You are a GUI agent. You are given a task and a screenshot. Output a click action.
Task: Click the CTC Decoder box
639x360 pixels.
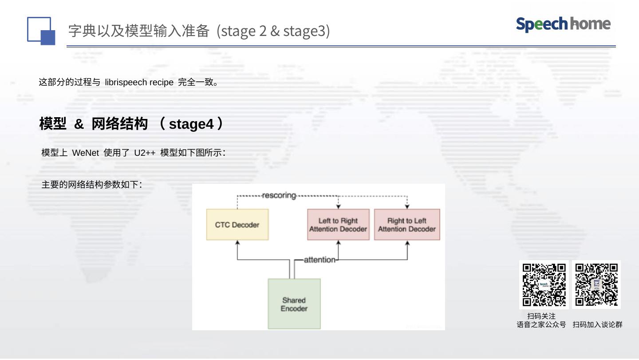point(237,225)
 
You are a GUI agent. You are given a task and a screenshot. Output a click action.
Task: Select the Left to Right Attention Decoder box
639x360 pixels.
point(338,225)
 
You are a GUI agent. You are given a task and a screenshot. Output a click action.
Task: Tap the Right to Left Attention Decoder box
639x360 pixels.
point(407,225)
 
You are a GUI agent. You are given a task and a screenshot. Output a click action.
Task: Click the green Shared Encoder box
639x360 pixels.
point(294,304)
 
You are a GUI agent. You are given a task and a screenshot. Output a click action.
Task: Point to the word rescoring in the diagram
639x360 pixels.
point(279,195)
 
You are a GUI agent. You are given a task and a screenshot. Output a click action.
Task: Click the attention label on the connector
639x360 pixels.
point(319,260)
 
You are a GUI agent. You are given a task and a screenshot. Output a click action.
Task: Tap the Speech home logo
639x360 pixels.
point(563,24)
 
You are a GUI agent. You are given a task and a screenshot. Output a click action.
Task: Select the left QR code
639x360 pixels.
point(544,285)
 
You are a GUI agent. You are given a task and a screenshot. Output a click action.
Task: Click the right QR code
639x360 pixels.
point(596,285)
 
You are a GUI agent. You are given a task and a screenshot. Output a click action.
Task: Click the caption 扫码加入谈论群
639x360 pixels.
point(597,324)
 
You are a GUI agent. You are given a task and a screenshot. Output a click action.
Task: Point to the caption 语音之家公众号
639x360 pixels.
point(541,324)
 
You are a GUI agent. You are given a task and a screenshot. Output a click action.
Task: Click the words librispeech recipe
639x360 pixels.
point(139,82)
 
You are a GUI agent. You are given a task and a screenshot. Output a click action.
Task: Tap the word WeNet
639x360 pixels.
point(85,153)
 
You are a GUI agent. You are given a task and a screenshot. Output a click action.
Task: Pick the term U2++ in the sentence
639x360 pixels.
point(145,153)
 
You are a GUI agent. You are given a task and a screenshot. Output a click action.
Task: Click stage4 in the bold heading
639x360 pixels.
point(191,124)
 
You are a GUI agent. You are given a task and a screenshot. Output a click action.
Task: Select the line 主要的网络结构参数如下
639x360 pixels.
point(91,185)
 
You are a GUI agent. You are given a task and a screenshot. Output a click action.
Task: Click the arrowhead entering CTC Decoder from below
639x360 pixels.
point(237,243)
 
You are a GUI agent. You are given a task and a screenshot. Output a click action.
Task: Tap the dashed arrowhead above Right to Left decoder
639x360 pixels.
point(407,206)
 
